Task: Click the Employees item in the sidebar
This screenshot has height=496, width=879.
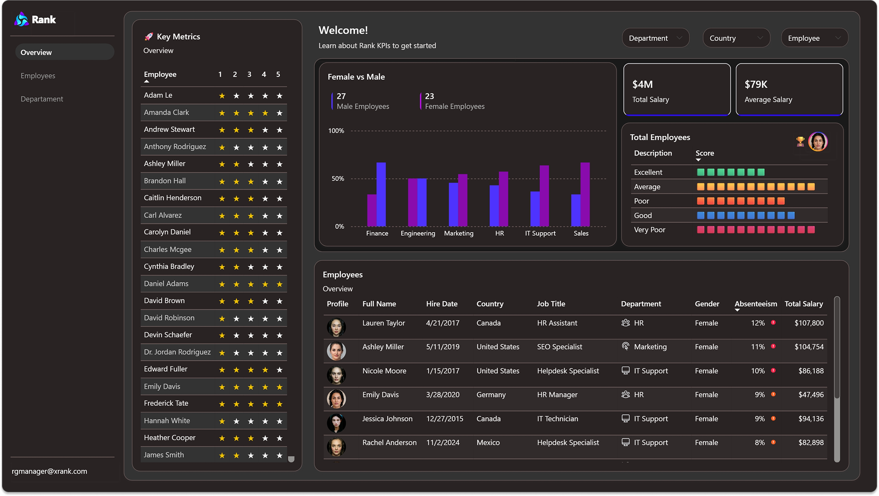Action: coord(38,76)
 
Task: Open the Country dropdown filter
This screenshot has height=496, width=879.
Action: coord(736,38)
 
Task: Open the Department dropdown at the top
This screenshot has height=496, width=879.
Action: coord(655,38)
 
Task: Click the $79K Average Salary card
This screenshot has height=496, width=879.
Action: coord(789,90)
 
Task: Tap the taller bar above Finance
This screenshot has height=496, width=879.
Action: coord(381,194)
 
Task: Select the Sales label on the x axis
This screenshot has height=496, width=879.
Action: coord(581,233)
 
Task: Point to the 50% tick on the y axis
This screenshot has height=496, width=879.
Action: coord(338,179)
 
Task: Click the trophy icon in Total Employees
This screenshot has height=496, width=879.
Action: coord(800,142)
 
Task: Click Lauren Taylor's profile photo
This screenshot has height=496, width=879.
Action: coord(336,327)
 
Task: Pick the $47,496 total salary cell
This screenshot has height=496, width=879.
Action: coord(810,395)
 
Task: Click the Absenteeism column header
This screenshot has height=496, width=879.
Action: coord(755,304)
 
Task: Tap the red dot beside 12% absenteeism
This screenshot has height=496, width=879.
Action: coord(773,323)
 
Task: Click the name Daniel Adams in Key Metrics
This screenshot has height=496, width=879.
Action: coord(166,283)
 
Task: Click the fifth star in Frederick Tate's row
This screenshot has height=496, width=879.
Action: coord(279,404)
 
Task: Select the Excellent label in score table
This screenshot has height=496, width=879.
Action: coord(648,172)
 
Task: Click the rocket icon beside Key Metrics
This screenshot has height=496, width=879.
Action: coord(148,37)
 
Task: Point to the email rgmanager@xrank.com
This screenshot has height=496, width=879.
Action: coord(49,471)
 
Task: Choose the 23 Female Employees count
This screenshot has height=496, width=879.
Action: coord(429,96)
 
